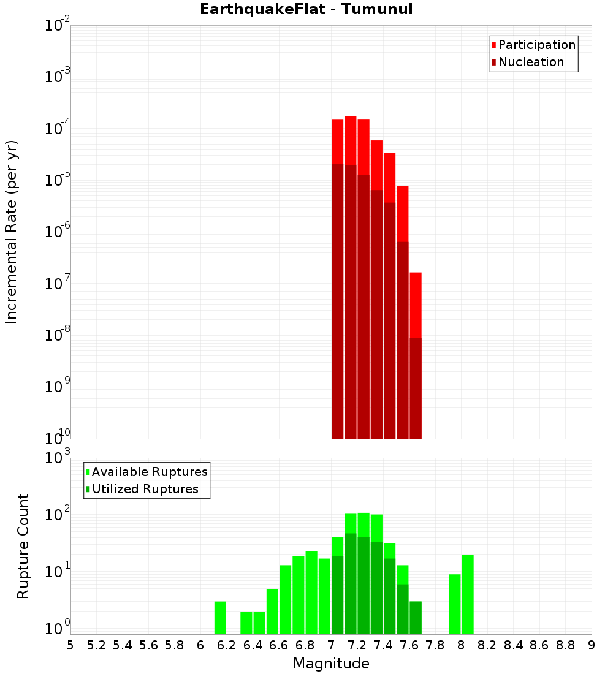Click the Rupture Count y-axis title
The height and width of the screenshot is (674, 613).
click(23, 546)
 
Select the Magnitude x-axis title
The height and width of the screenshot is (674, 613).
click(331, 663)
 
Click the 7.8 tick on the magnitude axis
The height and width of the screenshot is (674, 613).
click(435, 645)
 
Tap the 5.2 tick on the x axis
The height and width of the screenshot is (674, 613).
click(96, 645)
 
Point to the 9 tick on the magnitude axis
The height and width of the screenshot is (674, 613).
click(592, 645)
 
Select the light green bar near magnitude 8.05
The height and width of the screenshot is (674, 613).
click(468, 594)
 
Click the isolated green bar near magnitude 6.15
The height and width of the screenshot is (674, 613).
click(220, 618)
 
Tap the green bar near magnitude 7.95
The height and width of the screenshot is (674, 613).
click(455, 604)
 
